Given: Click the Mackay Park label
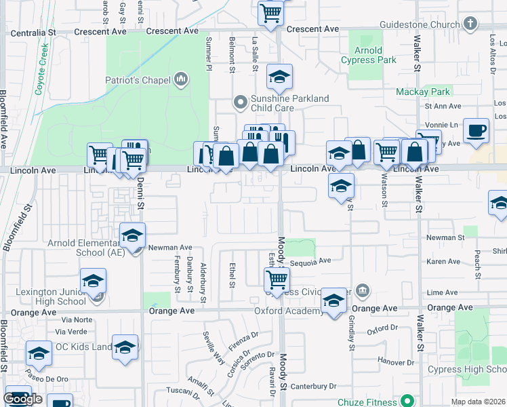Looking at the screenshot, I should pos(423,92).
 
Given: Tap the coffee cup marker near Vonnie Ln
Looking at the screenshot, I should pos(476,130).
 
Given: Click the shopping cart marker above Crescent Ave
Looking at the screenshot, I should pos(270,13).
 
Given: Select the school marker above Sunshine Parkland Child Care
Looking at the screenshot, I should pos(279,78).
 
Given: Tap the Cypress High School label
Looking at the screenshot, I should pos(467,370).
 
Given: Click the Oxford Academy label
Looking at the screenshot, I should pos(289,311).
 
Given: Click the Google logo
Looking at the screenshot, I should pos(23,399).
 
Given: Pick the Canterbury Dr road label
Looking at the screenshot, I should pos(313,386).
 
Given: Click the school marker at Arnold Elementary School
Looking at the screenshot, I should pos(133,236).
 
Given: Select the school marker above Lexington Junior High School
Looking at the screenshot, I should pos(94,281).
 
